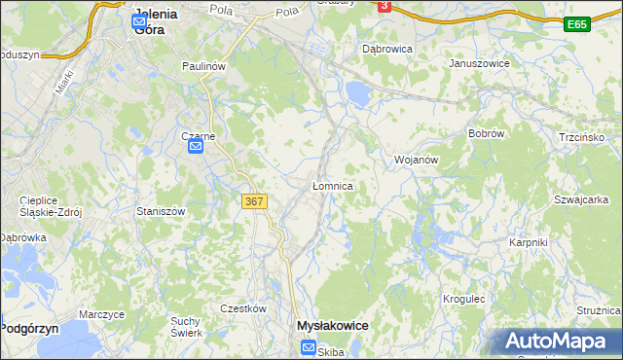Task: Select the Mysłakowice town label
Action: click(x=332, y=326)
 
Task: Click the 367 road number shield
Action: click(x=253, y=201)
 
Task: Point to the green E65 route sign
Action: click(x=577, y=23)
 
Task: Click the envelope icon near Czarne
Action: click(x=195, y=147)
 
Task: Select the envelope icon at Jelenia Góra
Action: click(x=138, y=19)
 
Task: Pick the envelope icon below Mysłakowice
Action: click(x=308, y=347)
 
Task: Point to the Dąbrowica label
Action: click(x=387, y=48)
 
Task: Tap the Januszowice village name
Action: click(x=479, y=63)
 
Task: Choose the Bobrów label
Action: click(x=484, y=133)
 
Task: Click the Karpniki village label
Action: click(x=529, y=242)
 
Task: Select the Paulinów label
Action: click(x=204, y=66)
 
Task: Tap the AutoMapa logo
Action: click(x=558, y=341)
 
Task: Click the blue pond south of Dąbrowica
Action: click(x=357, y=94)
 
